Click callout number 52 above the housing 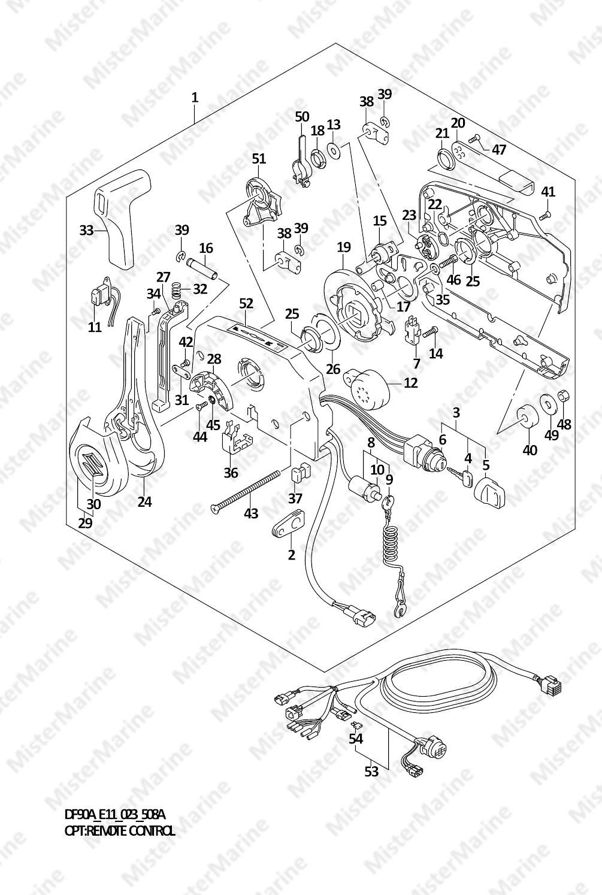click(246, 304)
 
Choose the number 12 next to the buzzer click(410, 382)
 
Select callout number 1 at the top click(194, 97)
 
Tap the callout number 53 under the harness click(371, 771)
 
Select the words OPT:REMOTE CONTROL click(120, 830)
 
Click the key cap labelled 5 click(490, 494)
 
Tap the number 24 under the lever click(144, 501)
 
